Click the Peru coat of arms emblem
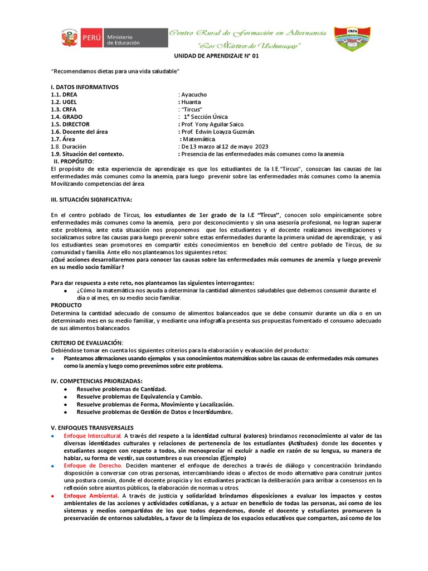click(70, 38)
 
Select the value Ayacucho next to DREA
click(195, 95)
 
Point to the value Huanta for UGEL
click(191, 102)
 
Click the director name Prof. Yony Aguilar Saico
click(211, 124)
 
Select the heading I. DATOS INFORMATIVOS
click(84, 87)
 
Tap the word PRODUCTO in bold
click(66, 305)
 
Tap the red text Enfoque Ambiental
click(91, 495)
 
